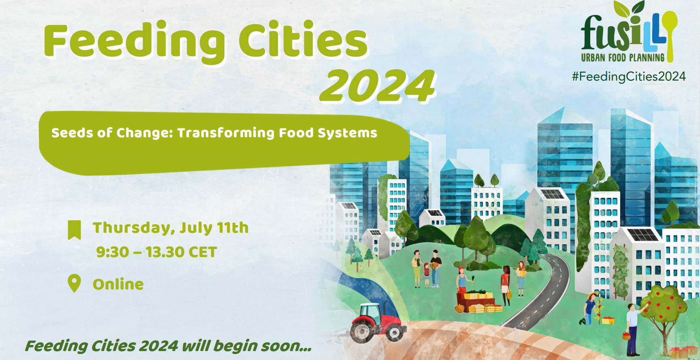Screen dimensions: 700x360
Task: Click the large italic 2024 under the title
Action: coord(378,86)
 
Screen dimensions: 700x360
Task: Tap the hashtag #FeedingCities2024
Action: coord(629,77)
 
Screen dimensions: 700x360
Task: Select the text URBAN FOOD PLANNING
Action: coord(623,58)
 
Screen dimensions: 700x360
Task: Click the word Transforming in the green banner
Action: coord(226,133)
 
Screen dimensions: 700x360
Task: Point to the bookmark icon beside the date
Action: coord(74,230)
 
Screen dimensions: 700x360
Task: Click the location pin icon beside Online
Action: coord(74,283)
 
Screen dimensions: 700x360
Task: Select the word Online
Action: coord(118,284)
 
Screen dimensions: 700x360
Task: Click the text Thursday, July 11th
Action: coord(171,228)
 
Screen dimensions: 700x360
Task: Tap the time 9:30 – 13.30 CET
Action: coord(156,252)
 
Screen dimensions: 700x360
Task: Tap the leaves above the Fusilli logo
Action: coord(629,8)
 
